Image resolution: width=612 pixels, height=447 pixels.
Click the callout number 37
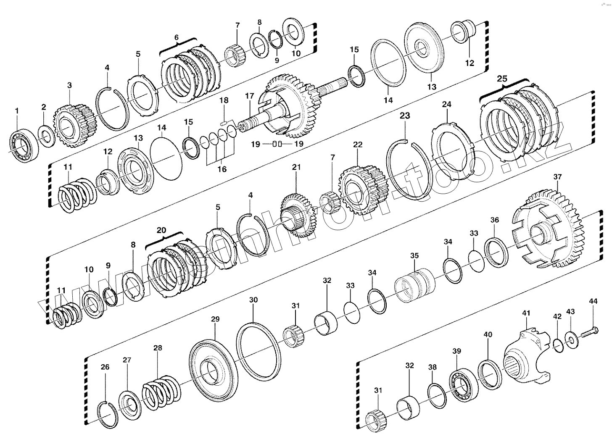tap(557, 177)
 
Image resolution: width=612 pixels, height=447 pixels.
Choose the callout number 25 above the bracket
tap(502, 79)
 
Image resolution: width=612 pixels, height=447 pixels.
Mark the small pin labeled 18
tap(223, 123)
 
